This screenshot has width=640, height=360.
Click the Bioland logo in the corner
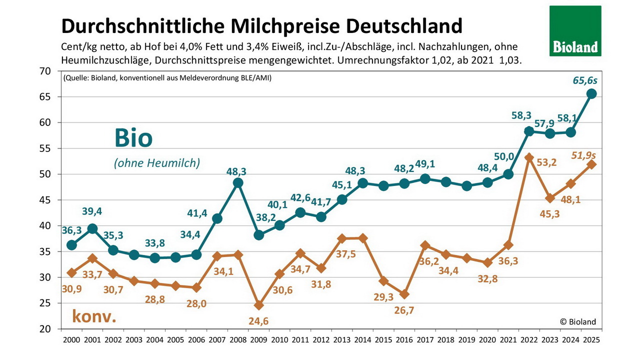[x=575, y=31]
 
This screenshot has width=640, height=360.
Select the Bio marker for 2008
[x=238, y=183]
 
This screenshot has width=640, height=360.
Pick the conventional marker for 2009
[x=258, y=305]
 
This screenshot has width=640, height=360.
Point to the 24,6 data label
[x=258, y=321]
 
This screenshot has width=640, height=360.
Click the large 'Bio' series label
[x=133, y=137]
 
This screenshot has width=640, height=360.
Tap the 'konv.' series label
[x=94, y=316]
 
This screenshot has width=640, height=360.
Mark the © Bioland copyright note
[x=578, y=321]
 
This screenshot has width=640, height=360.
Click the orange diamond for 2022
[x=529, y=157]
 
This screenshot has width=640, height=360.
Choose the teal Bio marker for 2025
[x=591, y=93]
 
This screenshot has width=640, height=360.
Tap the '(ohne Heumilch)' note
[x=156, y=163]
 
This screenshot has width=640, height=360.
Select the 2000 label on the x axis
[x=71, y=339]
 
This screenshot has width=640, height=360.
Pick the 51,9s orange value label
[x=584, y=155]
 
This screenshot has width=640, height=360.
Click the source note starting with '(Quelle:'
[x=167, y=77]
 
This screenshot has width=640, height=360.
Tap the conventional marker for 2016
[x=404, y=294]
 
